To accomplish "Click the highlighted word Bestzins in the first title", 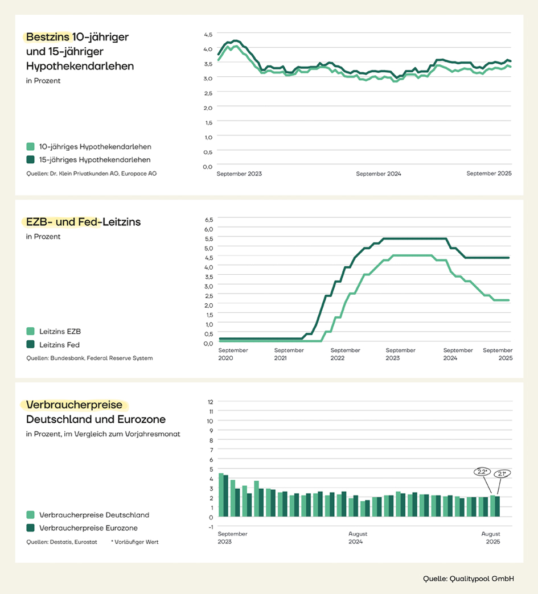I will coord(48,37).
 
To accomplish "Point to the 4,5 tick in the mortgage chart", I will coord(208,34).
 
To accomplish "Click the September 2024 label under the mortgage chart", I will coord(379,174).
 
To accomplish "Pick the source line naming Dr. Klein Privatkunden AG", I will coord(91,173).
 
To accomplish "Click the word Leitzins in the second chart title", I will coord(121,222).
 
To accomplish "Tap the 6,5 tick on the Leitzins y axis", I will coord(208,219).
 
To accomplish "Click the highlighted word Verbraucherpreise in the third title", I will coord(75,405).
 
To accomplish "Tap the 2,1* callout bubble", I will coord(502,473).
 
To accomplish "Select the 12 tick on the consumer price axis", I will coord(211,401).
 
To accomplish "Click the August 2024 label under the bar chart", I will coord(358,538).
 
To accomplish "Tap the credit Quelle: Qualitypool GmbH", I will coord(468,579).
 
